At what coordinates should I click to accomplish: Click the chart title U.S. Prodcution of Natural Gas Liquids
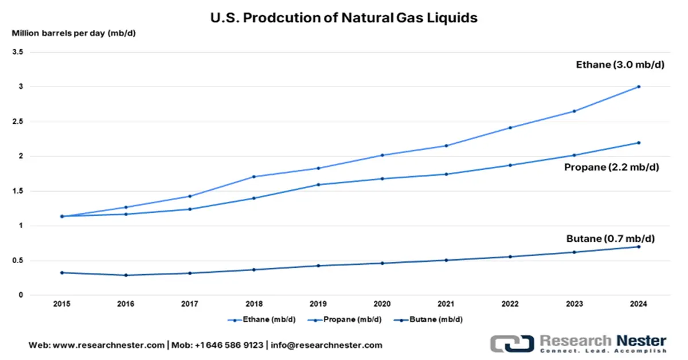(344, 18)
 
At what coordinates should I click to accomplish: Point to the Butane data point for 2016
(126, 275)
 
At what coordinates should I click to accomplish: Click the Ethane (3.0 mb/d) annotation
(620, 65)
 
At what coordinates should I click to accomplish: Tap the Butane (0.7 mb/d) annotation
(612, 238)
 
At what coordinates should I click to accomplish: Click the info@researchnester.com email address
(327, 345)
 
